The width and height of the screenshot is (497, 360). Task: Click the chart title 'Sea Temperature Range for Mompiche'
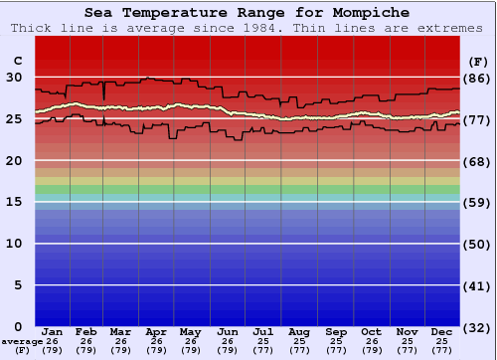[x=248, y=12]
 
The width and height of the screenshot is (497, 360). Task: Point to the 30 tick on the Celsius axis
[x=14, y=77]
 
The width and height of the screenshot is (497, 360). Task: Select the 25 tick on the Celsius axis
[x=14, y=118]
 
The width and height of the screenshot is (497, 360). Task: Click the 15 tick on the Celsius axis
[x=14, y=202]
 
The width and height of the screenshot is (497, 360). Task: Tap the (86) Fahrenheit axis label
[x=477, y=78]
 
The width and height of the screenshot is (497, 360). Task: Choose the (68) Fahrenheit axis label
[x=477, y=161]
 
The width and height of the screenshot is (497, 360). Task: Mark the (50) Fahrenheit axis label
[x=477, y=245]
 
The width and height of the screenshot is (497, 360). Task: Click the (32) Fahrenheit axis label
[x=477, y=328]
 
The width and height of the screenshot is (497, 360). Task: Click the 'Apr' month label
[x=156, y=331]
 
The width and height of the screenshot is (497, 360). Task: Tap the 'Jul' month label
[x=263, y=331]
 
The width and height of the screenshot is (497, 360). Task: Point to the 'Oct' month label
[x=371, y=331]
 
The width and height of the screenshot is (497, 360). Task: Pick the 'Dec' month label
[x=442, y=331]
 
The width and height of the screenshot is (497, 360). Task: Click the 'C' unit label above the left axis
[x=16, y=61]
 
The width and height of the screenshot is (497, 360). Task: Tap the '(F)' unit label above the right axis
[x=477, y=61]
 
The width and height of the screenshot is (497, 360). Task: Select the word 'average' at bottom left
[x=21, y=341]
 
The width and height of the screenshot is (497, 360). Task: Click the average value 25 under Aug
[x=299, y=341]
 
